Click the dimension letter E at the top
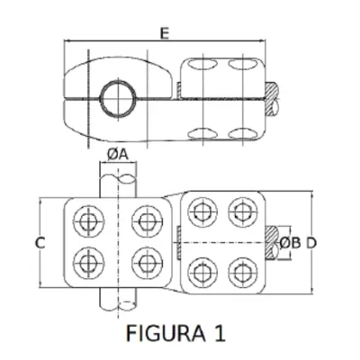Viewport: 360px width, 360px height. [x=165, y=33]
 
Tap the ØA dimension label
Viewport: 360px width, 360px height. [x=118, y=155]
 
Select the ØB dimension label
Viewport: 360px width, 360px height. [x=290, y=243]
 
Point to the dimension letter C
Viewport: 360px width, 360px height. [x=40, y=243]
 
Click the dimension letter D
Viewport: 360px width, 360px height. [x=311, y=243]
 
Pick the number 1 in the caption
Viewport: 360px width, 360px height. [x=220, y=332]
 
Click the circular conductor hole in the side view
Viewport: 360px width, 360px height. [x=118, y=98]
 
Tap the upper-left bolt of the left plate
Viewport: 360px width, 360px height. [x=89, y=221]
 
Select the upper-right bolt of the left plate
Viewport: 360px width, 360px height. [x=148, y=221]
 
